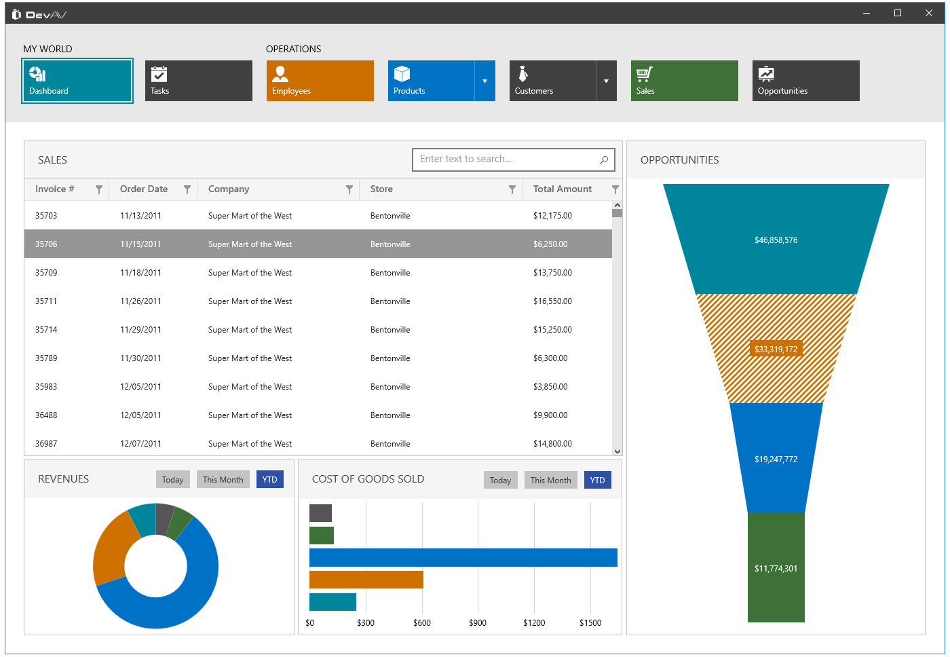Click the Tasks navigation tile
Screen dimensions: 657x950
(198, 81)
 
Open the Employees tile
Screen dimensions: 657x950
(320, 81)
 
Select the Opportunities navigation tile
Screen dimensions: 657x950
(805, 81)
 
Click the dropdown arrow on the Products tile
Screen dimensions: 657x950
(484, 81)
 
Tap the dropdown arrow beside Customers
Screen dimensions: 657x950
(606, 81)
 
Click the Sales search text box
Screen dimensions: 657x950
(506, 159)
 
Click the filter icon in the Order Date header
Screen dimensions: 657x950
(187, 190)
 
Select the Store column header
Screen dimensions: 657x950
(381, 189)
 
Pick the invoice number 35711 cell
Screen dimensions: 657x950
(46, 301)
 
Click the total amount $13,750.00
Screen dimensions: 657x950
(552, 273)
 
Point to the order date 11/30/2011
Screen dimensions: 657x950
(140, 358)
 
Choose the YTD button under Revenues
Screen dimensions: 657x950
(269, 480)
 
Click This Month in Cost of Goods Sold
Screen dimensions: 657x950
(550, 481)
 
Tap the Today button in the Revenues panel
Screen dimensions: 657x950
(172, 480)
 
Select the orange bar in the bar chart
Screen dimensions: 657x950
(366, 580)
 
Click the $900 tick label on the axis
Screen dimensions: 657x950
(478, 623)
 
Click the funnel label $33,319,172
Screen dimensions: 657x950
(776, 350)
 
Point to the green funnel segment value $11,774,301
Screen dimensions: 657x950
(776, 569)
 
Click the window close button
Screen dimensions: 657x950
(928, 13)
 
